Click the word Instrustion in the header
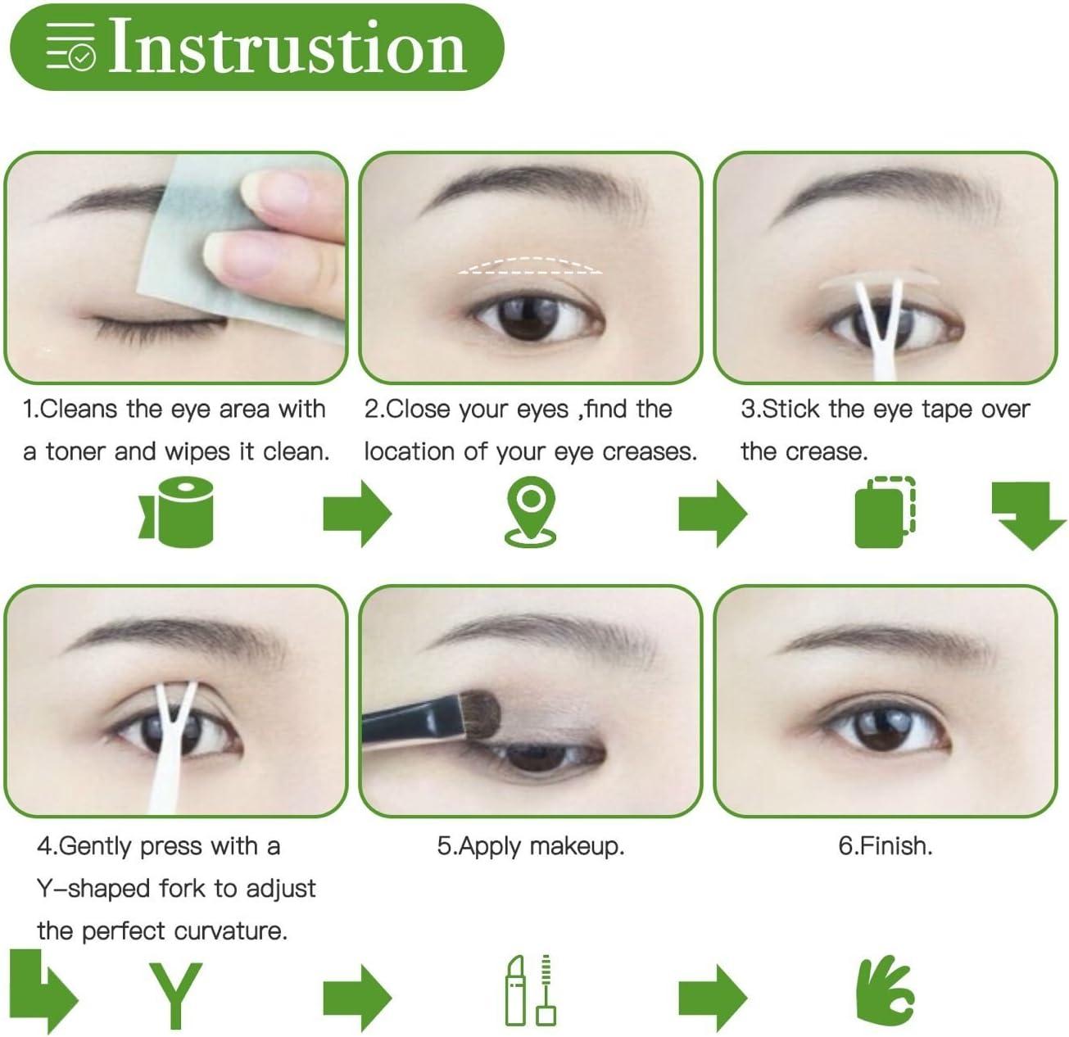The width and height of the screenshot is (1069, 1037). click(x=288, y=46)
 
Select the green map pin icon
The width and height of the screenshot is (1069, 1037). click(x=530, y=512)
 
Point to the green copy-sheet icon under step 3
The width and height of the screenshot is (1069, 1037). click(x=885, y=511)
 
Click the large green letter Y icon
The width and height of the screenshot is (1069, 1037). click(x=176, y=995)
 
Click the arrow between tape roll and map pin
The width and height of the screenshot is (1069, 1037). click(x=357, y=513)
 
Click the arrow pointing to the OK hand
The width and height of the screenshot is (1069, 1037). click(x=713, y=996)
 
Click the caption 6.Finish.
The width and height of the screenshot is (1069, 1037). click(x=885, y=846)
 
